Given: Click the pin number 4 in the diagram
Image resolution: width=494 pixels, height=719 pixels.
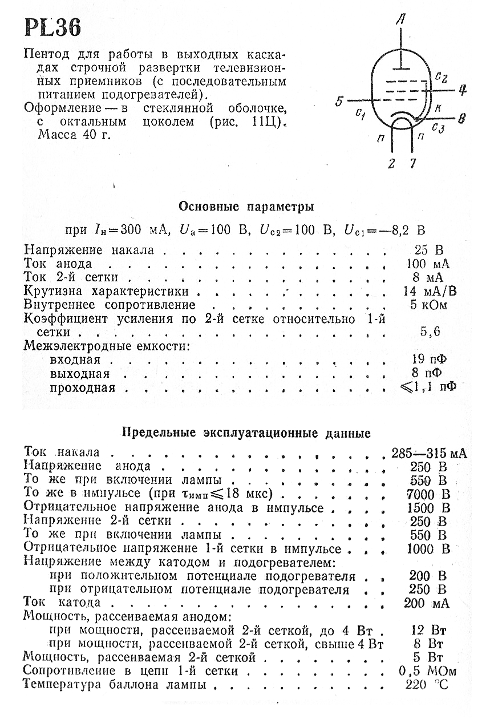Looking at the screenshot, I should coord(463,90).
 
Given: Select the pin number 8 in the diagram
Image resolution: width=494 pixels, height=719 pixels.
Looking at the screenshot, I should coord(462,119).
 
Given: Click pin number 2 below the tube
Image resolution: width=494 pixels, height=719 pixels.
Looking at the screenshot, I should coord(391,164).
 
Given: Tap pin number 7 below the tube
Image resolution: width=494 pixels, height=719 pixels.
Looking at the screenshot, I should coord(412,164).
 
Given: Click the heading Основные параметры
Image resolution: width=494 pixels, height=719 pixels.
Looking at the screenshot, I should coord(246,205).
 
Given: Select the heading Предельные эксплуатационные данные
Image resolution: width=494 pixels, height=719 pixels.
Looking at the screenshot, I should coord(247,433).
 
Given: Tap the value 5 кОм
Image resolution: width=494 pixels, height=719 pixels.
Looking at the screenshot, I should coord(429,304).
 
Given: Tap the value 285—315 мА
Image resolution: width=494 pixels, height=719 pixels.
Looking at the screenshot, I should coord(429,453).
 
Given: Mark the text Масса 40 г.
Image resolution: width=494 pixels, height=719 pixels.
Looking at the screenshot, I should coord(74,135).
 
